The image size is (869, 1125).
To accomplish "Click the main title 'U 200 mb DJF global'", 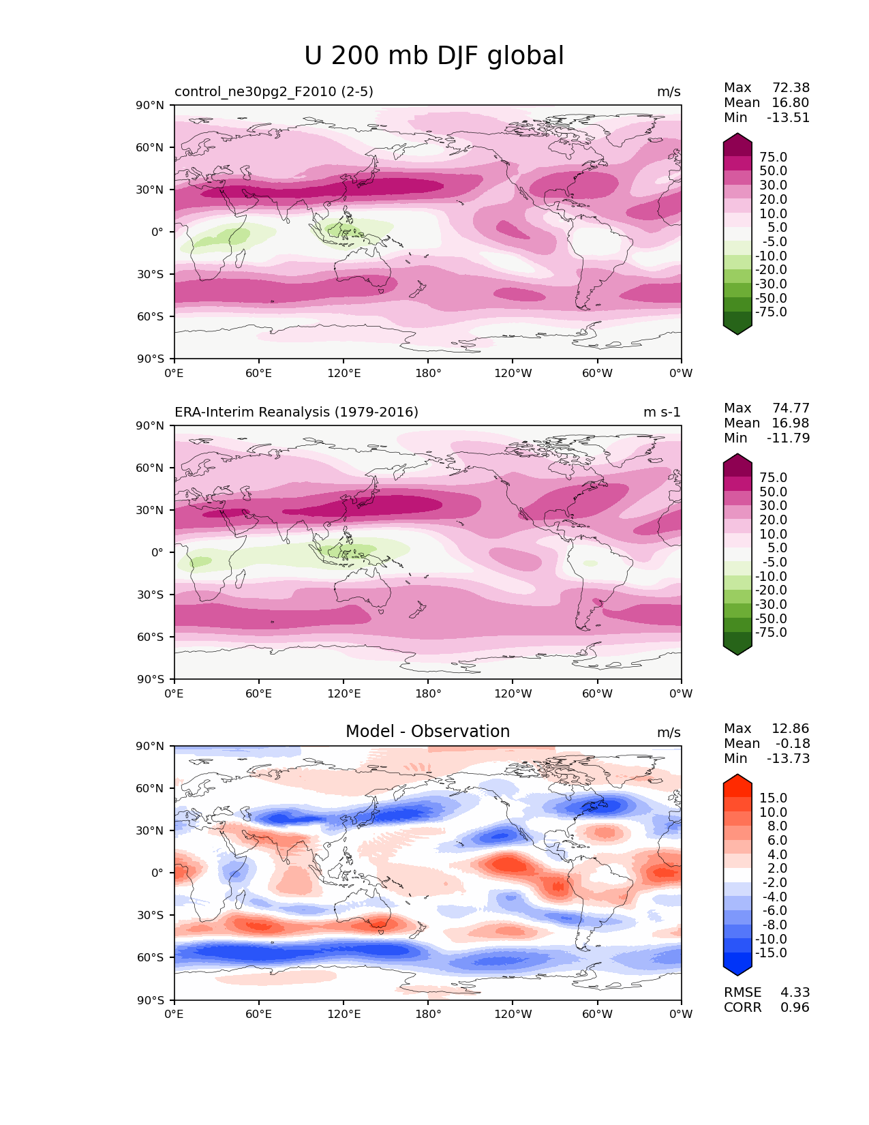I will [434, 56].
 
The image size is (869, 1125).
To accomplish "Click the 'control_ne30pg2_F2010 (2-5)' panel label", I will [274, 91].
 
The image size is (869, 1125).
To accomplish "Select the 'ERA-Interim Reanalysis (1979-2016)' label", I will [296, 412].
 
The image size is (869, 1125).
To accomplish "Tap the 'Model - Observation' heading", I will [427, 732].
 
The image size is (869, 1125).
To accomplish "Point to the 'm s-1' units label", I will [662, 412].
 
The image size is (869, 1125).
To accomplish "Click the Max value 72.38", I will [791, 87].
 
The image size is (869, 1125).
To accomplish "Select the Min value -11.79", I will [789, 438].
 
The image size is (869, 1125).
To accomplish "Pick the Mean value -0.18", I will [793, 743].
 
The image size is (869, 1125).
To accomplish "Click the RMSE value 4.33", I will [795, 992].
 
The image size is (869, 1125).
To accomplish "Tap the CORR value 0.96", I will [795, 1007].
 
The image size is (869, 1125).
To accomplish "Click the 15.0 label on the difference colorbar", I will [773, 798].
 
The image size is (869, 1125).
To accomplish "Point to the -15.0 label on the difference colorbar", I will [771, 952].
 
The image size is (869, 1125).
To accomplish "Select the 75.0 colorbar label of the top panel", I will [773, 157].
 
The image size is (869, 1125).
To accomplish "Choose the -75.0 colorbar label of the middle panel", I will [771, 632].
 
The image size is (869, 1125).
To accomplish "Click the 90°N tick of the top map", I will [151, 105].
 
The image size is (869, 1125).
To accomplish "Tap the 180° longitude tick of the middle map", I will [428, 693].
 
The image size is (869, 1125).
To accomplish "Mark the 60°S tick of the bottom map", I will [151, 957].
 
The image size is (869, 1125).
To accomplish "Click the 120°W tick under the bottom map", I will [513, 1014].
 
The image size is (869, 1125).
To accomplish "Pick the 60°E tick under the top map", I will [259, 373].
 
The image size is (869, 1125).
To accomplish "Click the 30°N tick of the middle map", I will [151, 510].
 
